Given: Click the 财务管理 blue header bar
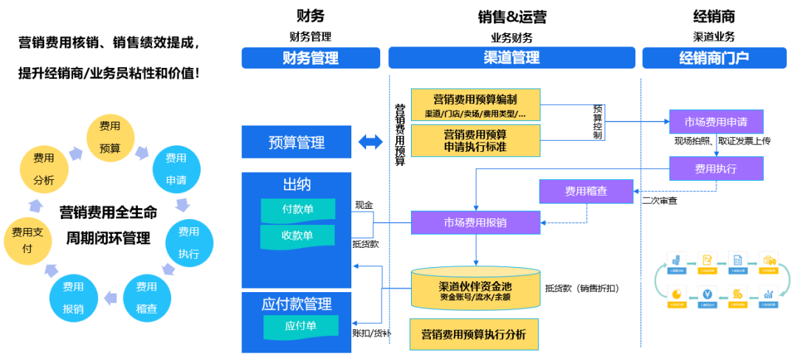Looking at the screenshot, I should pyautogui.click(x=311, y=58).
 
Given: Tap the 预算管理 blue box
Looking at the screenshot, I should pyautogui.click(x=296, y=142).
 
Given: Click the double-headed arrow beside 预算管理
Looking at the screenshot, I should pyautogui.click(x=371, y=142).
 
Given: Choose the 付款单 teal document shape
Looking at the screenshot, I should pyautogui.click(x=298, y=210).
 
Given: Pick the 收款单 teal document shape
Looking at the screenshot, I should pyautogui.click(x=298, y=236).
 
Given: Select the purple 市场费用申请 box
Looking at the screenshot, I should pyautogui.click(x=716, y=122).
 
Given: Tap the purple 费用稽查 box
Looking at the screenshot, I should pyautogui.click(x=586, y=192).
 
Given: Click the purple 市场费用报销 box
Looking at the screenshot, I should pyautogui.click(x=475, y=222).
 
